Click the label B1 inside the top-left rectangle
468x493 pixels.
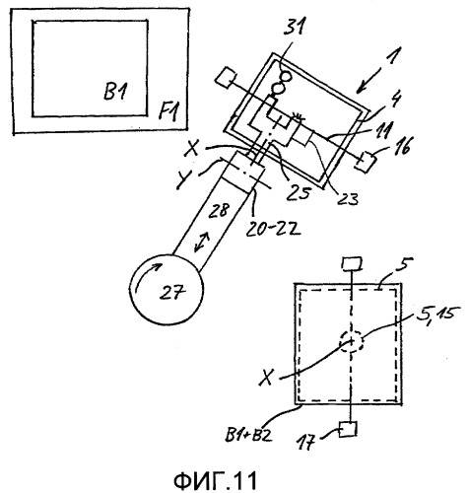click(115, 91)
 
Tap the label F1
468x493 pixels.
click(169, 111)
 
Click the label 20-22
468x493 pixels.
click(273, 230)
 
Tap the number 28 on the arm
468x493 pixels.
click(219, 210)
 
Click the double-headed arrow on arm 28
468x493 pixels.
click(201, 242)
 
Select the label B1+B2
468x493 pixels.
click(249, 435)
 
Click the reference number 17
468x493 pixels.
click(305, 443)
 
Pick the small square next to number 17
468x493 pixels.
click(347, 429)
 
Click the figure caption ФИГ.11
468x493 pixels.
click(215, 481)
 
